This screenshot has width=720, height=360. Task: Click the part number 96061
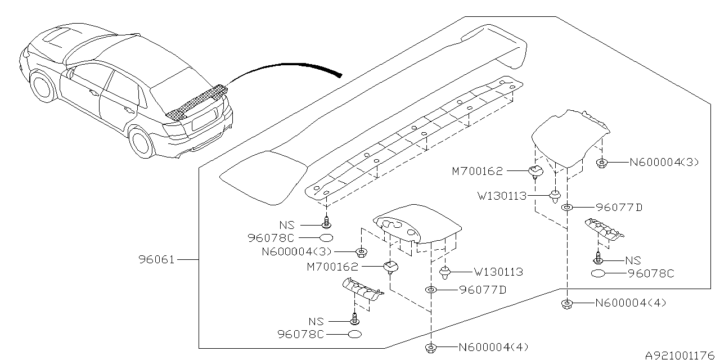[x=157, y=260]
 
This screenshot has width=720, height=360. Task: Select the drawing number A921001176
[x=681, y=354]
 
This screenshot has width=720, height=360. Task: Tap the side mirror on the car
[x=71, y=72]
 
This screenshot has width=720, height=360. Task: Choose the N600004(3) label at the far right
[x=664, y=163]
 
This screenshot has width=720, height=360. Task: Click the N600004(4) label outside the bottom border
[x=494, y=347]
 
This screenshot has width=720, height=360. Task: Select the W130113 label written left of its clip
[x=502, y=196]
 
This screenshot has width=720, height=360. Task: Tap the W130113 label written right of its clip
[x=498, y=272]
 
